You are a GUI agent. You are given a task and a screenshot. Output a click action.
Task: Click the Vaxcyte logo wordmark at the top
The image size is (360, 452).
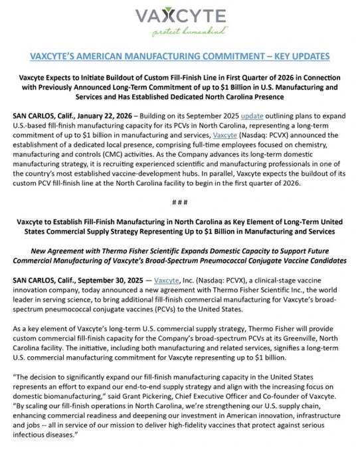[180, 16]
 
